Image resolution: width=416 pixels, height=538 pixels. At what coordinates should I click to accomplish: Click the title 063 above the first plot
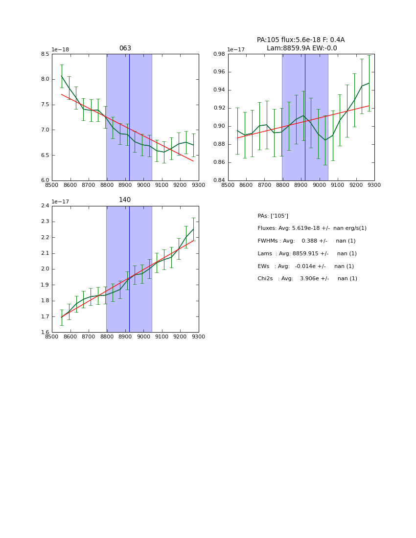pyautogui.click(x=125, y=48)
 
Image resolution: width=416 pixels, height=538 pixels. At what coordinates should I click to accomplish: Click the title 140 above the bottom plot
pyautogui.click(x=125, y=200)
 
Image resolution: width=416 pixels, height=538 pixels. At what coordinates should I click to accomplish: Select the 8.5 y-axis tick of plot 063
pyautogui.click(x=45, y=54)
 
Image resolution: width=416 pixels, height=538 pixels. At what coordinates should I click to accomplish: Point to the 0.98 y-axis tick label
pyautogui.click(x=220, y=54)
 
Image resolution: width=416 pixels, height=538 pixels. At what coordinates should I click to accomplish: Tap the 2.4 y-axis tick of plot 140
pyautogui.click(x=45, y=206)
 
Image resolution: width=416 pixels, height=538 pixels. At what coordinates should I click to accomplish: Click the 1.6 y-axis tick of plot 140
pyautogui.click(x=45, y=333)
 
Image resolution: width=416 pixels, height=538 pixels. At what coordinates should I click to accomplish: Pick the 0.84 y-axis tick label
pyautogui.click(x=220, y=180)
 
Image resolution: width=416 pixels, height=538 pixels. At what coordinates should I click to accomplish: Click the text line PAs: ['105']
pyautogui.click(x=273, y=216)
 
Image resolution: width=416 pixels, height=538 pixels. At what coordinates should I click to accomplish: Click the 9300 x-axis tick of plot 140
pyautogui.click(x=199, y=336)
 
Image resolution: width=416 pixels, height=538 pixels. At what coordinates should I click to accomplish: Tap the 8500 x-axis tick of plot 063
pyautogui.click(x=52, y=185)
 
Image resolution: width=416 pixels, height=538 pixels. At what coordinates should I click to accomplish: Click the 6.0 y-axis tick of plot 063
pyautogui.click(x=45, y=180)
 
